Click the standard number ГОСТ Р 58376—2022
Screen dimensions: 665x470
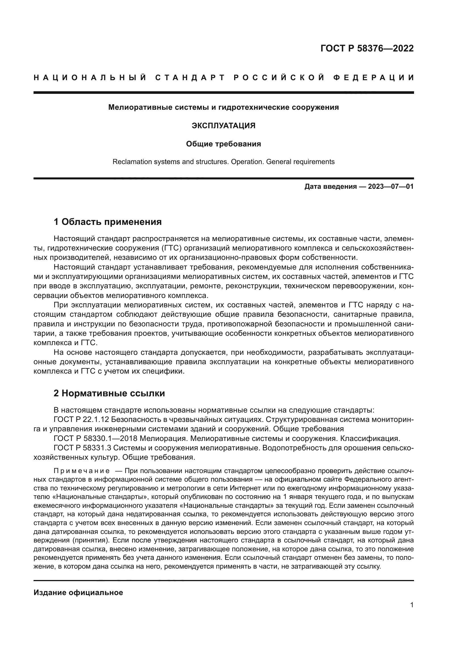tap(367, 48)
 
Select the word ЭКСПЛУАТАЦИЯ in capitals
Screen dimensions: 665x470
tap(223, 126)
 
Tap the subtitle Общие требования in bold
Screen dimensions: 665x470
tap(223, 144)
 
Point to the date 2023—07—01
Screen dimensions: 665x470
tap(391, 187)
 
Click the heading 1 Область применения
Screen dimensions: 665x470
tap(108, 222)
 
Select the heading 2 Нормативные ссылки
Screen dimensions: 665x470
tap(109, 393)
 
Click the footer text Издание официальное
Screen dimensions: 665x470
tap(78, 593)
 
